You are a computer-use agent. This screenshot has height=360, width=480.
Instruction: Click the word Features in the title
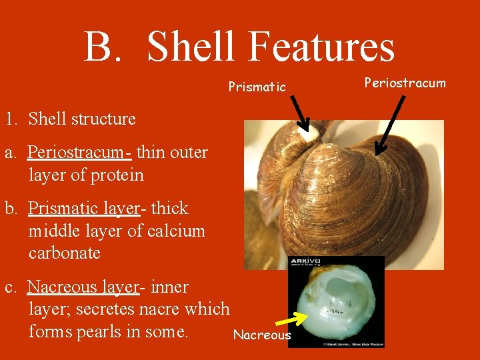(321, 47)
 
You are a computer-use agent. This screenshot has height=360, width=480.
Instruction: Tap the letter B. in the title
(107, 47)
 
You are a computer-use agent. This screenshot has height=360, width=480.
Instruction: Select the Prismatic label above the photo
(257, 87)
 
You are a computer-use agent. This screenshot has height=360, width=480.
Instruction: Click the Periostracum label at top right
(405, 83)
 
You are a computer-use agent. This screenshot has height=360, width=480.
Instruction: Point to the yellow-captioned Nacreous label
(262, 335)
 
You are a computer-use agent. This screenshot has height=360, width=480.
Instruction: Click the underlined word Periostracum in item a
(79, 153)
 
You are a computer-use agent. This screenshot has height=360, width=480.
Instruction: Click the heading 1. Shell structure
(69, 119)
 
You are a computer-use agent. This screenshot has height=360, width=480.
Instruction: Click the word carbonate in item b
(65, 253)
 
